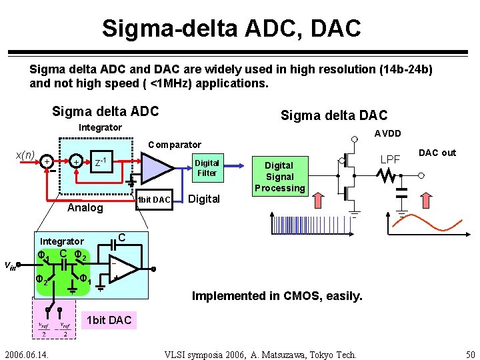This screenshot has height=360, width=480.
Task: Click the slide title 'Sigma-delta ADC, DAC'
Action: (231, 28)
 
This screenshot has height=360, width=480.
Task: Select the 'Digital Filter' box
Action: (207, 168)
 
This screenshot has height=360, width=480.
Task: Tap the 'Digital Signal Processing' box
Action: (279, 177)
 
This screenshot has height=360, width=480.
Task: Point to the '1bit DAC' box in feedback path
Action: (153, 199)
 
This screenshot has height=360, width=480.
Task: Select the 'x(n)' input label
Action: (25, 155)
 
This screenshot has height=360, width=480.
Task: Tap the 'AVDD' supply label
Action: (387, 133)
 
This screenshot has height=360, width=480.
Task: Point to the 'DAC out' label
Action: (437, 153)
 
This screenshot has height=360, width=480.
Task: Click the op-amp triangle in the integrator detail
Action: (123, 268)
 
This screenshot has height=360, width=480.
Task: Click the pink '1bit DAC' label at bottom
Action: (109, 320)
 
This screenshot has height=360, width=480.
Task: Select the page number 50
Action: (469, 353)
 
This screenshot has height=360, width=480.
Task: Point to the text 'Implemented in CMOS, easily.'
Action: (277, 295)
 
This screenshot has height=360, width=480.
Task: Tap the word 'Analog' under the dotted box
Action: (86, 208)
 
